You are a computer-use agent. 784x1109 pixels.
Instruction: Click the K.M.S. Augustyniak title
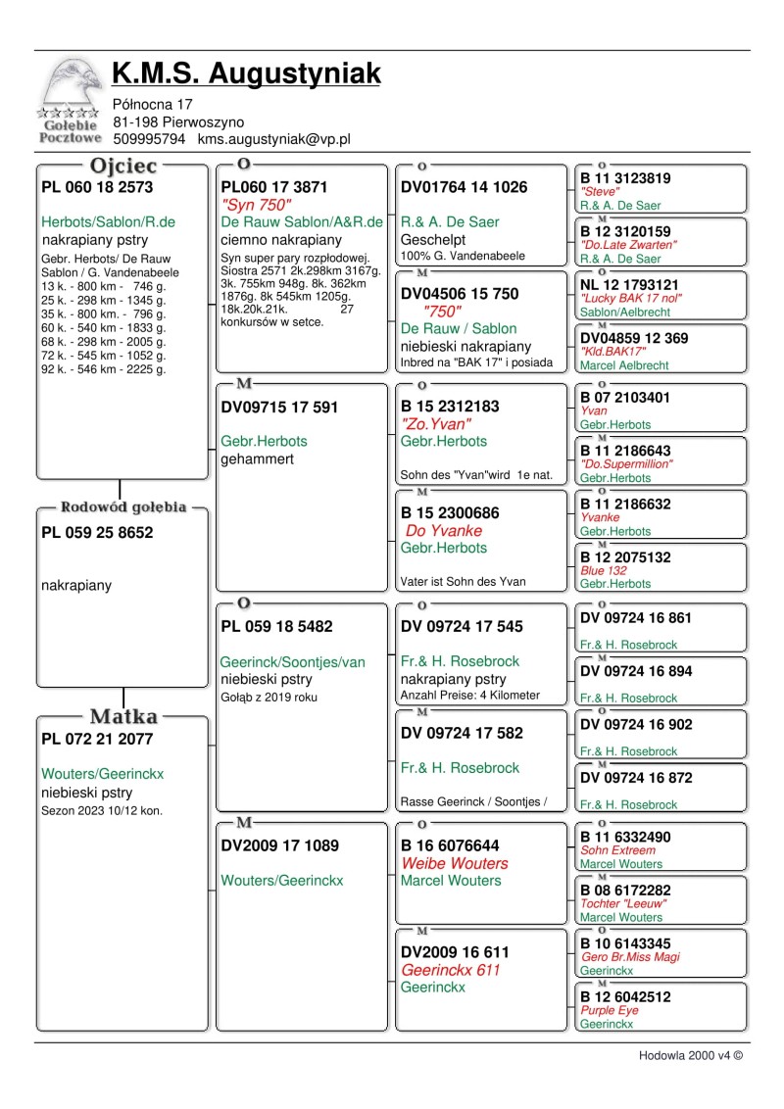[246, 72]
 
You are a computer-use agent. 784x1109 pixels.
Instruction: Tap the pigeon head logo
[71, 83]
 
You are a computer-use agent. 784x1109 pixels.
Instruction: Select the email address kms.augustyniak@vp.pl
[273, 139]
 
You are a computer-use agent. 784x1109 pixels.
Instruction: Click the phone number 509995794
[149, 139]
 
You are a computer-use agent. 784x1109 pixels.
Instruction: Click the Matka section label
[123, 717]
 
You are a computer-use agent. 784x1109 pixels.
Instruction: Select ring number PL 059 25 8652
[97, 533]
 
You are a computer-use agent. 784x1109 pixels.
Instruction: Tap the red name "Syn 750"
[256, 205]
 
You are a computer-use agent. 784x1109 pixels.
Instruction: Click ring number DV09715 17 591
[279, 408]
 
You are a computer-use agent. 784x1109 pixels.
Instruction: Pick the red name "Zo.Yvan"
[436, 424]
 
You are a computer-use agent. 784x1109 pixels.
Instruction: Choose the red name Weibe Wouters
[455, 863]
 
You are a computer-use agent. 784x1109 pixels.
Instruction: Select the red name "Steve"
[600, 192]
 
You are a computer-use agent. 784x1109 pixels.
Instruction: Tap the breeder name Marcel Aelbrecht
[626, 365]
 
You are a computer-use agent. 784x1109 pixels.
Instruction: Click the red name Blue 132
[603, 570]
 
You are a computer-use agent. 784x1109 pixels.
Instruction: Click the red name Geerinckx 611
[451, 969]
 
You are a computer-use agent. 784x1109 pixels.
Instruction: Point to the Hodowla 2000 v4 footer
[691, 1055]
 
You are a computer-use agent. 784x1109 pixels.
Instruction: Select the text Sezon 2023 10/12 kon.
[102, 810]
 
